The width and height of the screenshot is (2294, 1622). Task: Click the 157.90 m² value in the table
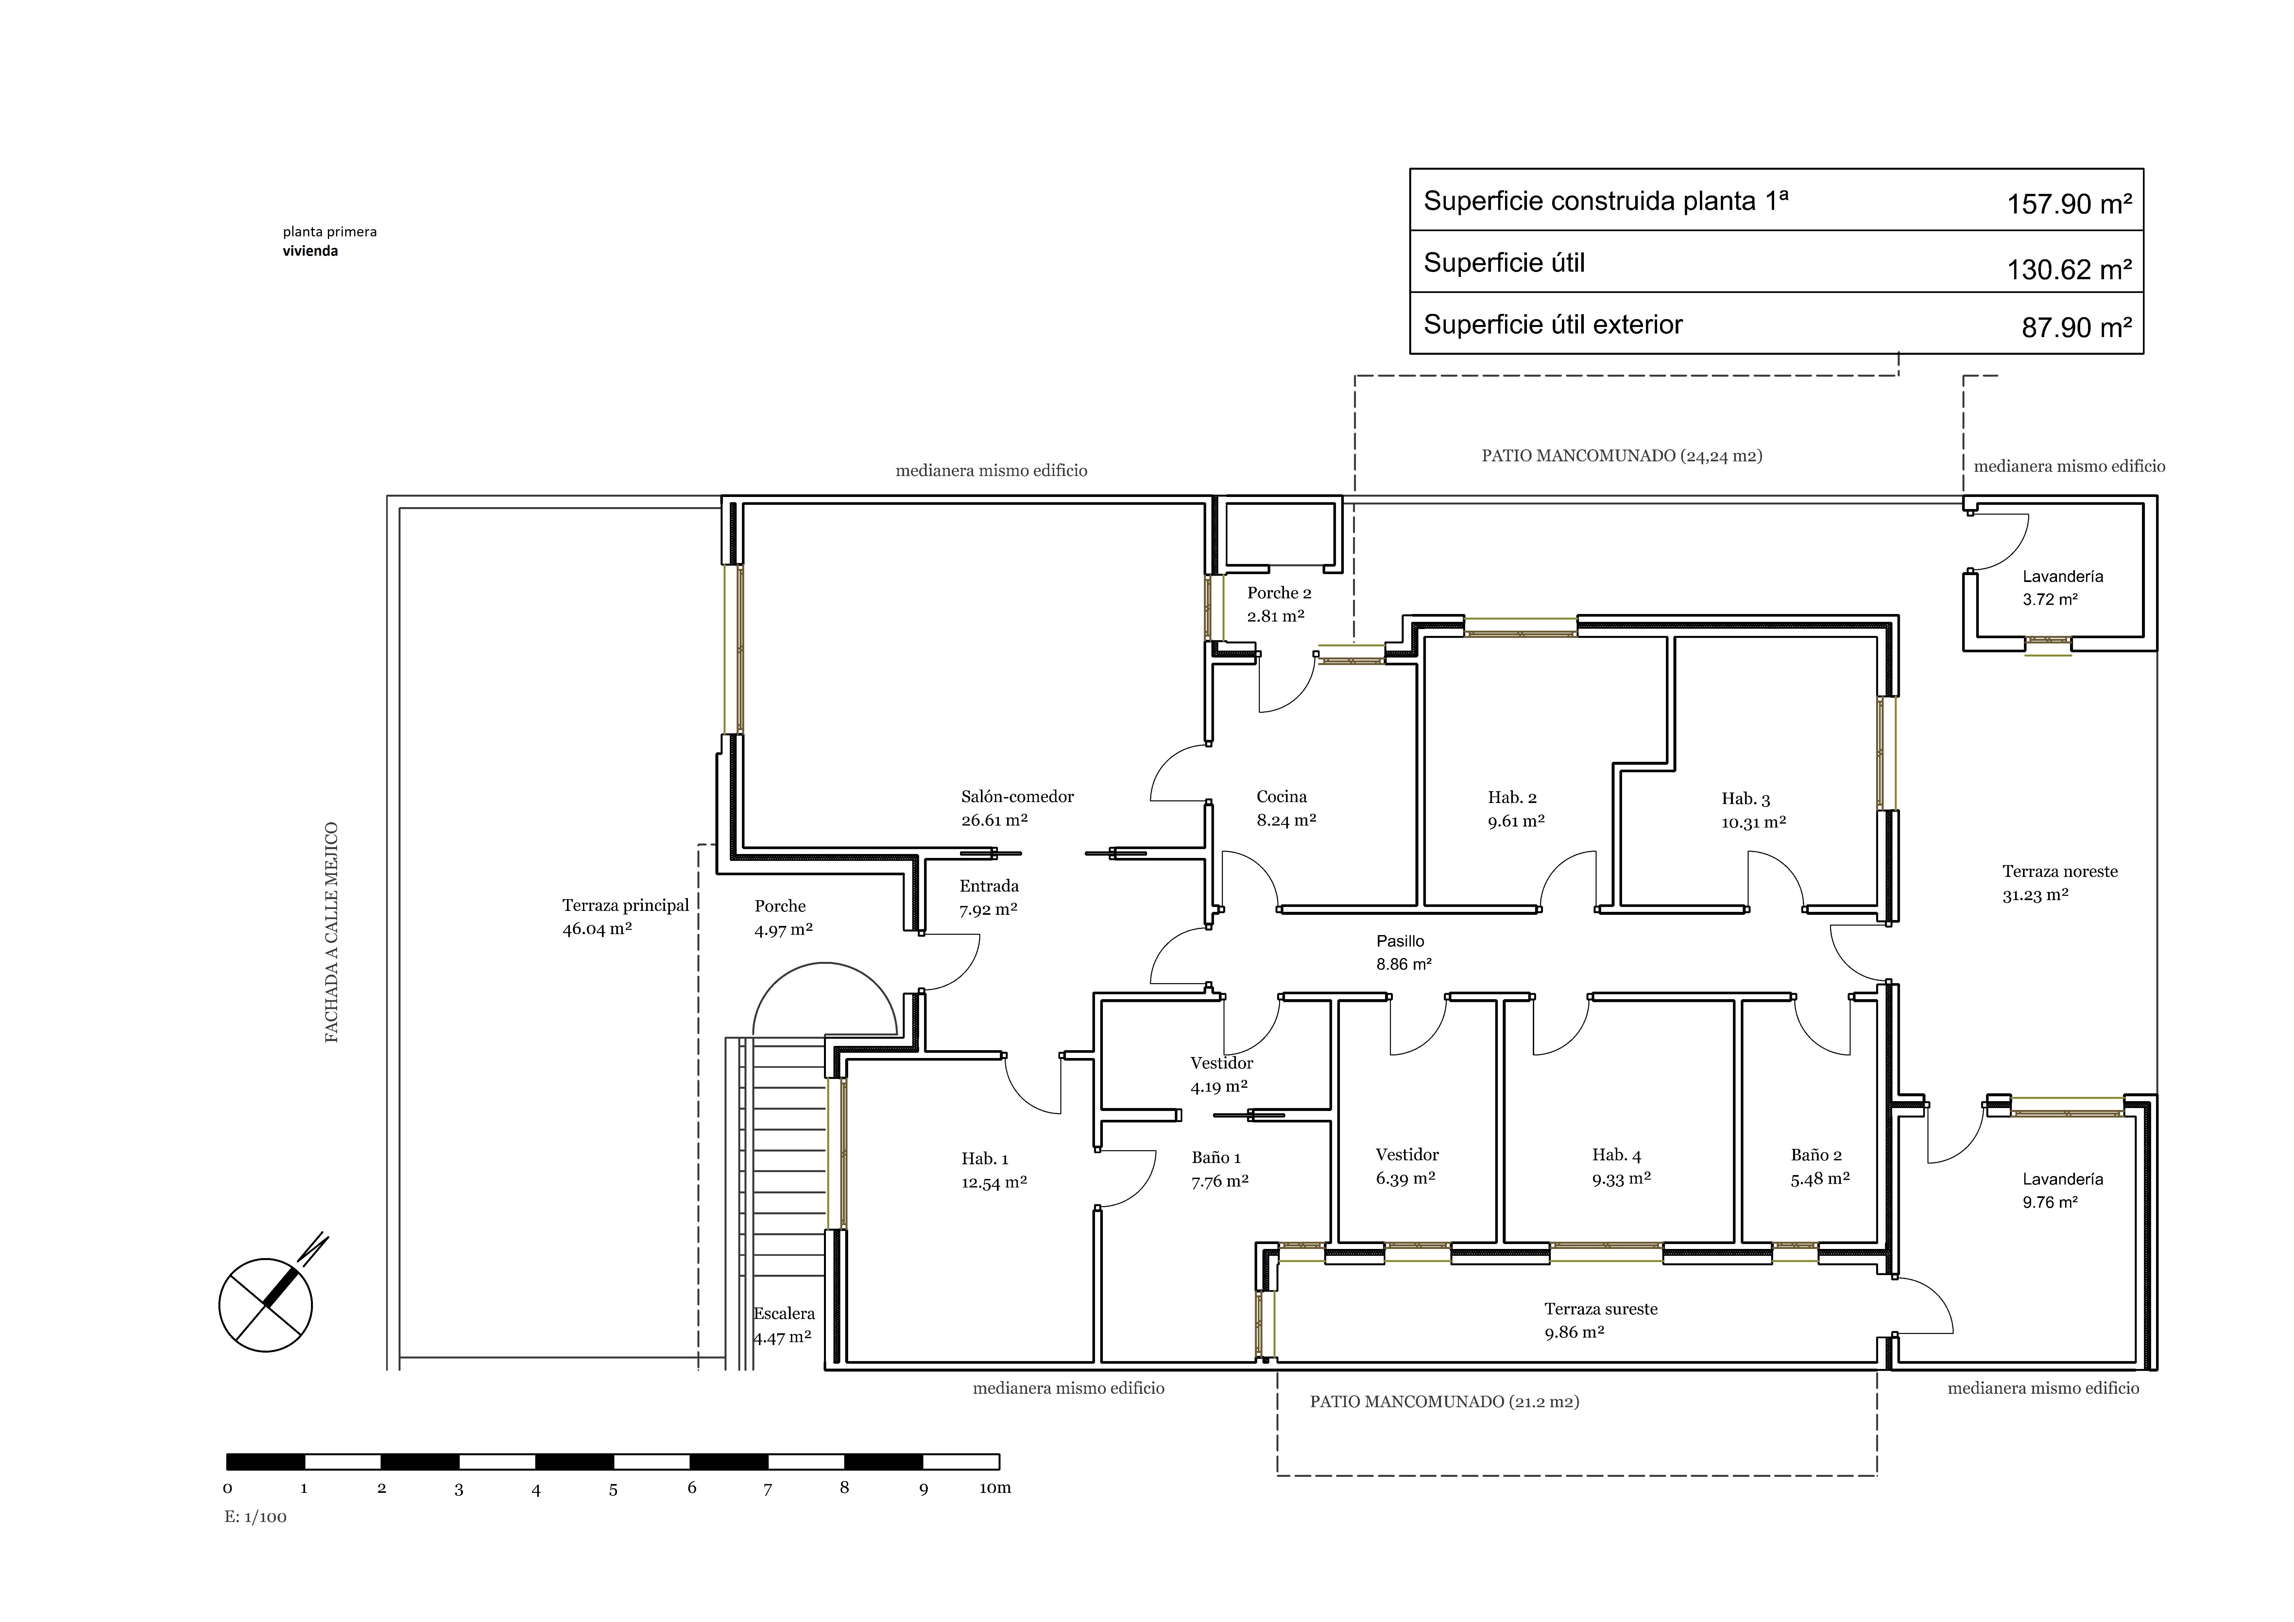pos(2069,204)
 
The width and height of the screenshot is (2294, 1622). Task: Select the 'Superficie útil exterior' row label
pos(1553,325)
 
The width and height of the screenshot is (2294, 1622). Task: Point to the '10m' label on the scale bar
pos(995,1488)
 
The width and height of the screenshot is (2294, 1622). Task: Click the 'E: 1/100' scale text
pos(256,1517)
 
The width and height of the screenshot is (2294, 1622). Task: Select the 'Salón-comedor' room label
pos(1017,796)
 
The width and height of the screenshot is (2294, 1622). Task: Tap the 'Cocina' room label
pos(1282,796)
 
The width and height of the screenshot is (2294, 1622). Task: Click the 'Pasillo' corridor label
pos(1401,940)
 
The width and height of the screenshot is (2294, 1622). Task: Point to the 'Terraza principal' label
pos(625,905)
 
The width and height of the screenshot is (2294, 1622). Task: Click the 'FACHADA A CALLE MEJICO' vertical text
pos(332,932)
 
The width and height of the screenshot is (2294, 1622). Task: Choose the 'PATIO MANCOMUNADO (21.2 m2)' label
pos(1445,1402)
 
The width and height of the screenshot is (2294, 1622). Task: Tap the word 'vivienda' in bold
pos(310,251)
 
